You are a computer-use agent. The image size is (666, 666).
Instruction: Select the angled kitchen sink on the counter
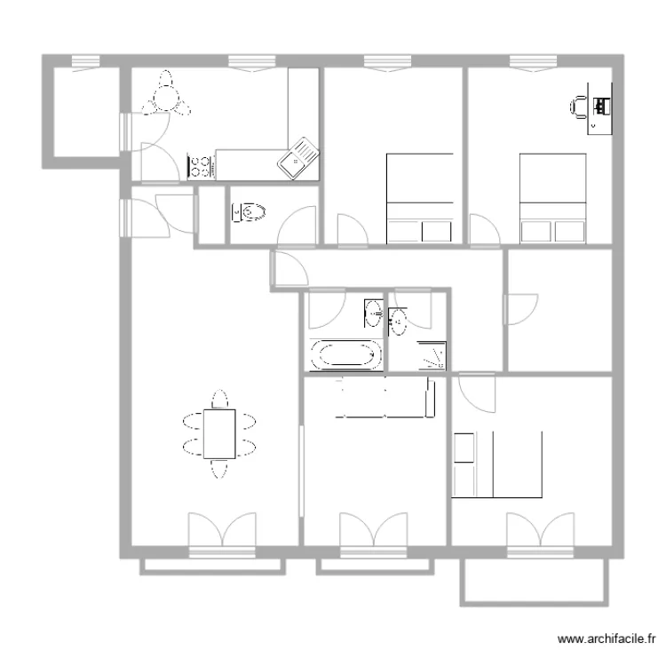(297, 156)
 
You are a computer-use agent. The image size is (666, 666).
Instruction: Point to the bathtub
(346, 356)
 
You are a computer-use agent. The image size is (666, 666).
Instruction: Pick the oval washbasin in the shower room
(399, 319)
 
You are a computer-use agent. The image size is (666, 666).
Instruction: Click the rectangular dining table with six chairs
(219, 433)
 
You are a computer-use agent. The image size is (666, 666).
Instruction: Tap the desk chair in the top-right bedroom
(580, 106)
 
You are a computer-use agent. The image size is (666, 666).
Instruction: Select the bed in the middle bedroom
(420, 198)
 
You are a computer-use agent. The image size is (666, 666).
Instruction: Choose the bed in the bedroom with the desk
(552, 198)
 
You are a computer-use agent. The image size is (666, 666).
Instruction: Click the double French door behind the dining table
(221, 534)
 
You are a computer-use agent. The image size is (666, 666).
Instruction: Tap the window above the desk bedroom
(532, 61)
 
